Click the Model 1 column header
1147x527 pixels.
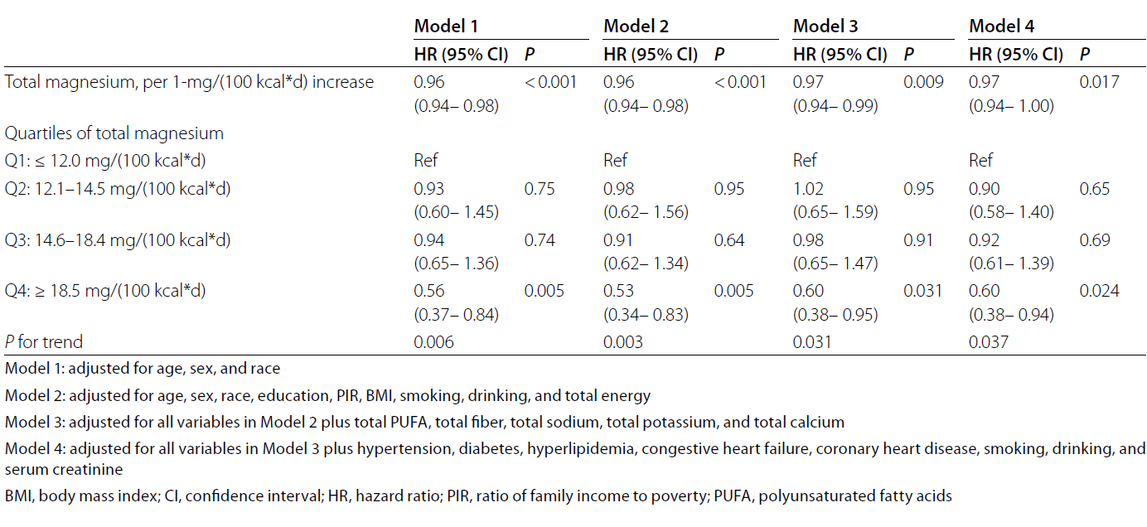[x=446, y=27]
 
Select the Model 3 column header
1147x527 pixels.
[x=825, y=27]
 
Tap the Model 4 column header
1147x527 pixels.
[x=1001, y=27]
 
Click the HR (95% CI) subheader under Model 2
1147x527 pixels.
[x=651, y=56]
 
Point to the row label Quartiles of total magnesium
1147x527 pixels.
[x=114, y=133]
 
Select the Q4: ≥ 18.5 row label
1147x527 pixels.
[x=105, y=291]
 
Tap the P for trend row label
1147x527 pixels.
[x=44, y=341]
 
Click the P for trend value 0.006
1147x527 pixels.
[x=434, y=341]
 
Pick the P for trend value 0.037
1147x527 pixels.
[x=990, y=341]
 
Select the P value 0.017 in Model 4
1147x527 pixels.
[x=1099, y=82]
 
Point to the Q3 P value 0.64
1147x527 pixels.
[x=729, y=240]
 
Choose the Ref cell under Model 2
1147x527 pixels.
[x=616, y=160]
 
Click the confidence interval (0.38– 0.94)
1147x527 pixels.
[x=1012, y=314]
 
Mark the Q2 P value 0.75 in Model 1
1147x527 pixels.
[x=540, y=189]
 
